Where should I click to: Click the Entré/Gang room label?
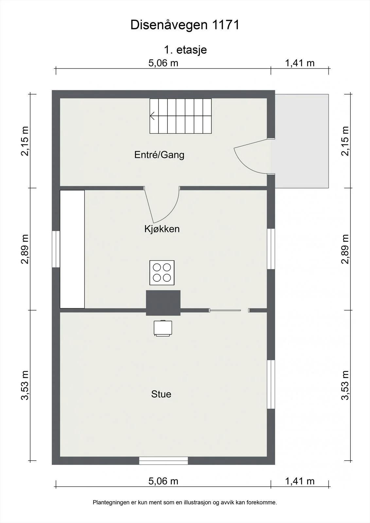tap(159, 155)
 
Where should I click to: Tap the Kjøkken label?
tap(162, 229)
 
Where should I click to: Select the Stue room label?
tap(161, 394)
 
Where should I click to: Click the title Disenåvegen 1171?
tap(185, 25)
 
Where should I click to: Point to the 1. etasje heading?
tap(185, 50)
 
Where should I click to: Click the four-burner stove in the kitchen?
tap(162, 273)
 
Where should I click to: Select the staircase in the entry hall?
tap(181, 116)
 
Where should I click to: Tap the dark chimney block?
tap(163, 303)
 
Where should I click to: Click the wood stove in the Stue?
tap(163, 328)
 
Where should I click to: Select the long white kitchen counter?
tap(72, 249)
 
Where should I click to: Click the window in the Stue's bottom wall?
tap(163, 461)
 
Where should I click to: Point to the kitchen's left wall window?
tap(56, 249)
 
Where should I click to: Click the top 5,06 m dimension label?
tap(163, 63)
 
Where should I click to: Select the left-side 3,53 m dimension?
tap(25, 385)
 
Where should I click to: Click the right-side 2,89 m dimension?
tap(345, 249)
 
